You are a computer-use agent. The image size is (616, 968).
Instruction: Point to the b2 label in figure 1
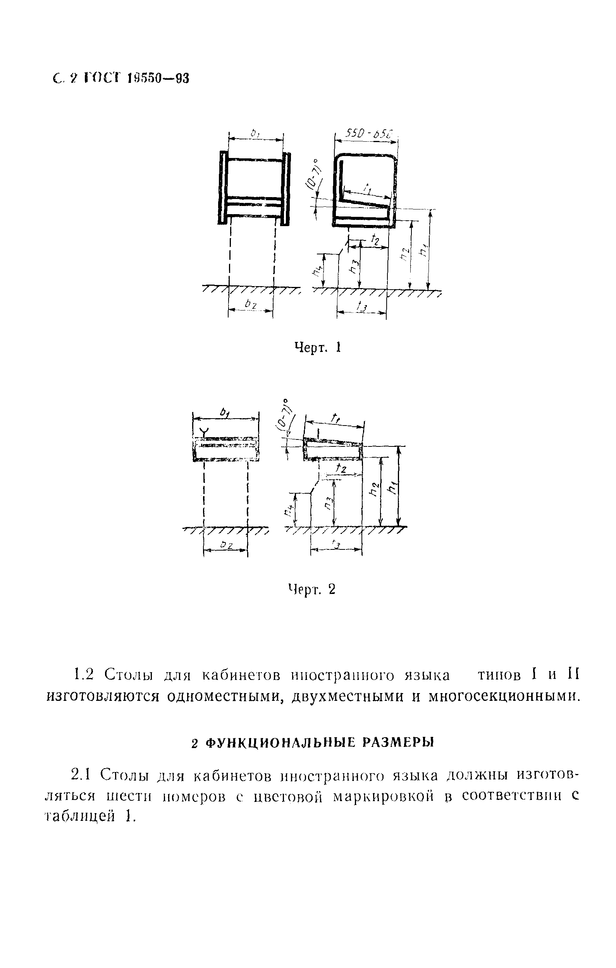[251, 305]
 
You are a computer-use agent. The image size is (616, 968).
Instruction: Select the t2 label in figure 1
[375, 240]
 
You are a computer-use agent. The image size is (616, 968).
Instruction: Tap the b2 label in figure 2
[227, 545]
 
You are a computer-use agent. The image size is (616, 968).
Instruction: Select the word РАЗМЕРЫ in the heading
[398, 743]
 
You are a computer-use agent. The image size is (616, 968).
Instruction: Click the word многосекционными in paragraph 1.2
[504, 696]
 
